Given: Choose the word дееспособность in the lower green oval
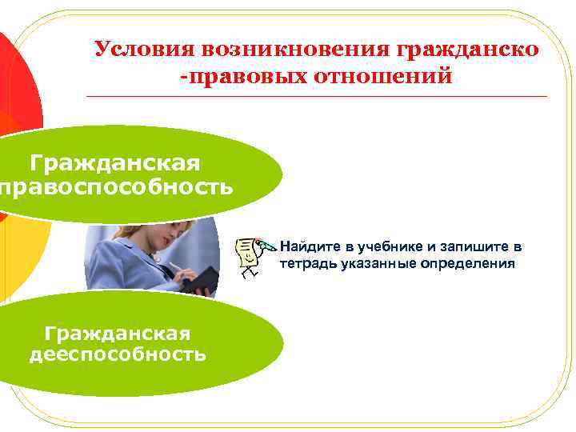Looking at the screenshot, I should (x=118, y=354).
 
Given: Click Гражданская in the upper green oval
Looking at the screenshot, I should (x=116, y=163).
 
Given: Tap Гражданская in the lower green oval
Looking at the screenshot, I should (x=118, y=331).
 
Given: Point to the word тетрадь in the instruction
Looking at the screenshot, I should (x=305, y=263).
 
